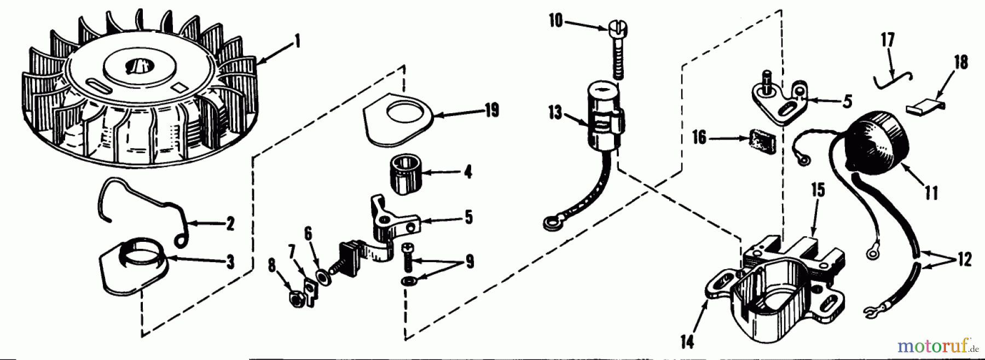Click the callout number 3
[x=230, y=262]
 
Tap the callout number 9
[x=469, y=262]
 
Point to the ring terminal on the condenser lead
[x=551, y=223]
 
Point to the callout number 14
[x=687, y=342]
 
